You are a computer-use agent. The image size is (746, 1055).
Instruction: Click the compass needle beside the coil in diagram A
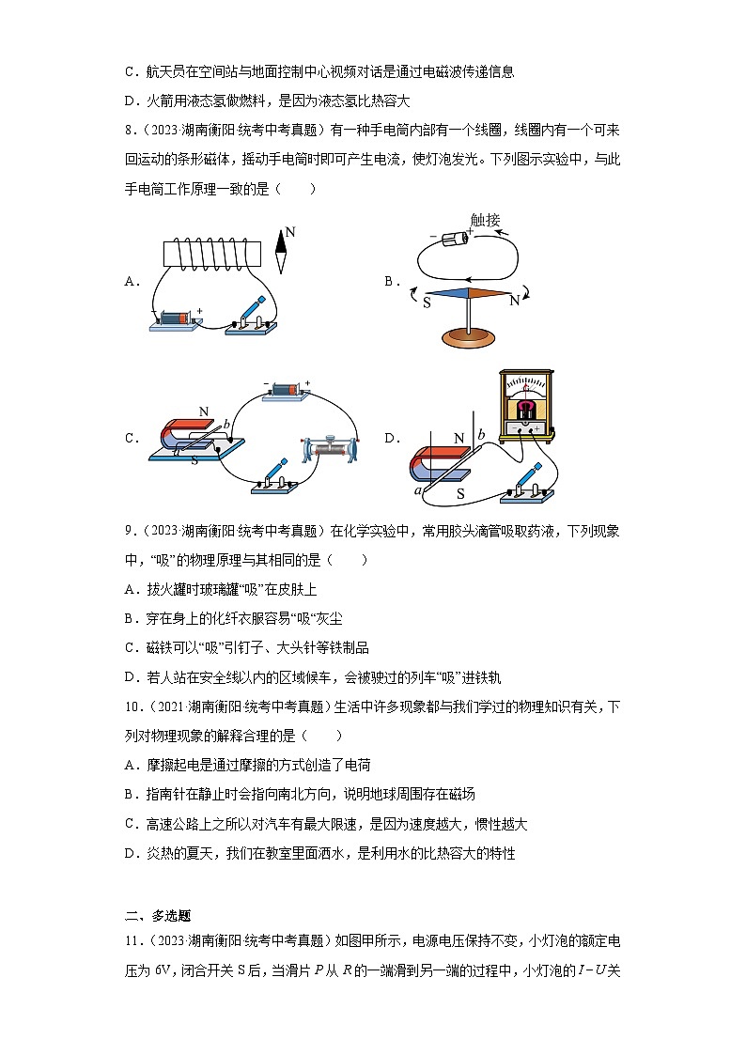tap(280, 258)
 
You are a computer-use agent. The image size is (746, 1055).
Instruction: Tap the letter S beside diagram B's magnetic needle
tap(427, 302)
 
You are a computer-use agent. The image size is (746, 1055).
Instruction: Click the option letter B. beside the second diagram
tap(393, 280)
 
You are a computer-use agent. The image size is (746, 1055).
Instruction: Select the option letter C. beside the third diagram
tap(132, 438)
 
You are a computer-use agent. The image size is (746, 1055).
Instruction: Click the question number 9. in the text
tap(129, 531)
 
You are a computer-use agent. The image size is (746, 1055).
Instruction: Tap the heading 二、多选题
tap(158, 914)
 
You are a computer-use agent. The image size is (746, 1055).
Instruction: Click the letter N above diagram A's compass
tap(289, 231)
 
